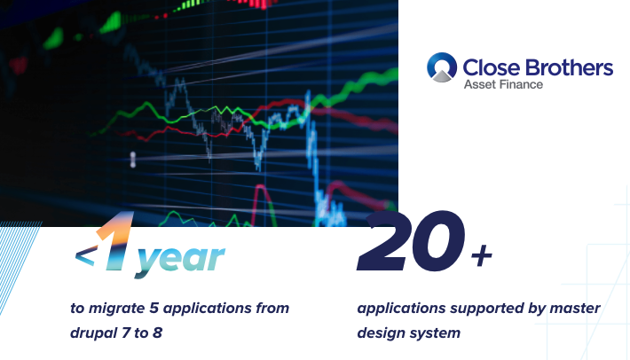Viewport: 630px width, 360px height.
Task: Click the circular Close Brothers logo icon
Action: click(x=442, y=67)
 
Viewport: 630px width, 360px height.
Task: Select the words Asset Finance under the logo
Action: click(x=503, y=84)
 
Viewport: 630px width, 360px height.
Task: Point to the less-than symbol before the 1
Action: click(x=85, y=255)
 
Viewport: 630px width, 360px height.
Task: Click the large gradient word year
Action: click(x=180, y=260)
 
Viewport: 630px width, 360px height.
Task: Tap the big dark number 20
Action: click(x=411, y=241)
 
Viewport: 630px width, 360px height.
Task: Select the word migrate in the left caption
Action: click(x=116, y=309)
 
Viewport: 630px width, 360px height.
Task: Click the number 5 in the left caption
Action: click(x=154, y=309)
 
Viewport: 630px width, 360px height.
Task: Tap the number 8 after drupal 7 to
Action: click(x=158, y=333)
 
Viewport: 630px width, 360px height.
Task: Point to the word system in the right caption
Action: click(x=436, y=333)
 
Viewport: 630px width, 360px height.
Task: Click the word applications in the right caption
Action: click(x=401, y=309)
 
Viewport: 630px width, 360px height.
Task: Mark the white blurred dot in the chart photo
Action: click(x=133, y=160)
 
